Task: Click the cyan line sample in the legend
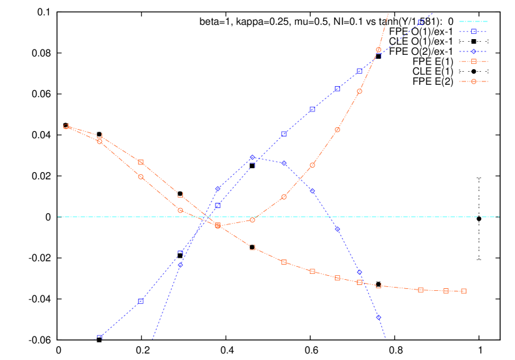pyautogui.click(x=473, y=22)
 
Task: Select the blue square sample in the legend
pyautogui.click(x=474, y=31)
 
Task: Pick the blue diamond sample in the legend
pyautogui.click(x=474, y=51)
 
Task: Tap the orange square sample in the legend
pyautogui.click(x=474, y=61)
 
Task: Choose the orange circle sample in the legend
pyautogui.click(x=474, y=82)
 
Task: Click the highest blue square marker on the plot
pyautogui.click(x=420, y=22)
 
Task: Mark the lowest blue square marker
pyautogui.click(x=99, y=338)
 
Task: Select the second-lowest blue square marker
pyautogui.click(x=140, y=301)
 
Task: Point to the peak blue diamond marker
pyautogui.click(x=252, y=157)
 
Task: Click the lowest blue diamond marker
pyautogui.click(x=379, y=317)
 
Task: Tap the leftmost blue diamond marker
pyautogui.click(x=180, y=265)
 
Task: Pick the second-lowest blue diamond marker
pyautogui.click(x=360, y=272)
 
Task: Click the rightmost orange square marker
pyautogui.click(x=463, y=291)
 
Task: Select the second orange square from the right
pyautogui.click(x=446, y=291)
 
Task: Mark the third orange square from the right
pyautogui.click(x=420, y=290)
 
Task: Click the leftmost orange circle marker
pyautogui.click(x=66, y=126)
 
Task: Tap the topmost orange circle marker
pyautogui.click(x=379, y=50)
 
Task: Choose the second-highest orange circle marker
pyautogui.click(x=360, y=91)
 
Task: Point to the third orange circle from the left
pyautogui.click(x=140, y=177)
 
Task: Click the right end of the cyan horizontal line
pyautogui.click(x=499, y=217)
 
